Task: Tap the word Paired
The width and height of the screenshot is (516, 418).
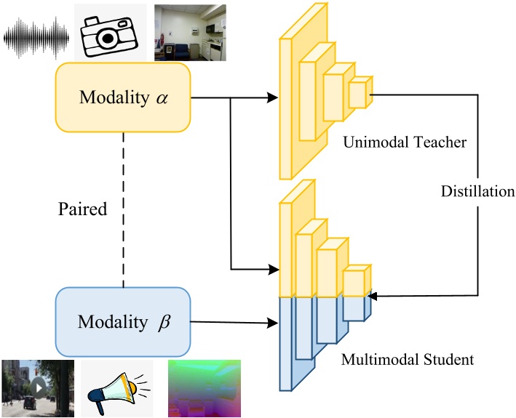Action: (82, 210)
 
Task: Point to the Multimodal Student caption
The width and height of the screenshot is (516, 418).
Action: (418, 359)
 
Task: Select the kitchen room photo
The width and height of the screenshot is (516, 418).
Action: (190, 33)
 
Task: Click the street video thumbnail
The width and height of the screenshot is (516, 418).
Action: (37, 387)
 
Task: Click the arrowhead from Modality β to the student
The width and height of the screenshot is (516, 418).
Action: (274, 323)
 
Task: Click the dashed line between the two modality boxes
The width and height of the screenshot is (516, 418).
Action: (123, 210)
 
